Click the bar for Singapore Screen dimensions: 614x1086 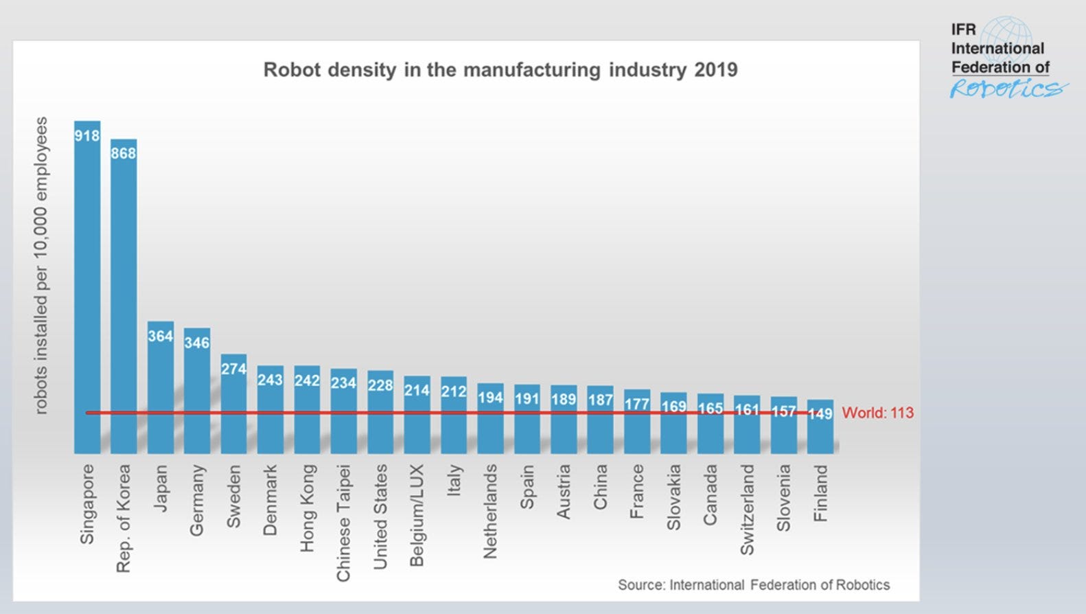(87, 288)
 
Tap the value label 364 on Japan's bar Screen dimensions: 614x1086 (161, 336)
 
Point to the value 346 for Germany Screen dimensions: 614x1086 (197, 342)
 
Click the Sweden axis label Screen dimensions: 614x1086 (233, 497)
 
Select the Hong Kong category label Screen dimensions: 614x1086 (307, 508)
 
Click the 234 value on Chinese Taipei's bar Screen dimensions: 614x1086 (343, 383)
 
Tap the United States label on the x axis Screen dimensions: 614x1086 (380, 516)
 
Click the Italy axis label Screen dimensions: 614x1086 (454, 480)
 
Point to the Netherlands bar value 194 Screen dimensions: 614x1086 (490, 398)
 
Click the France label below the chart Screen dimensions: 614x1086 (637, 491)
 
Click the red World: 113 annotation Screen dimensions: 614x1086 (877, 413)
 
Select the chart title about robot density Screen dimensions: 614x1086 (500, 70)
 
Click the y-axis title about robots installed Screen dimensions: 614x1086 (41, 265)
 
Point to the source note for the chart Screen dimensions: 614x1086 (753, 584)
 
